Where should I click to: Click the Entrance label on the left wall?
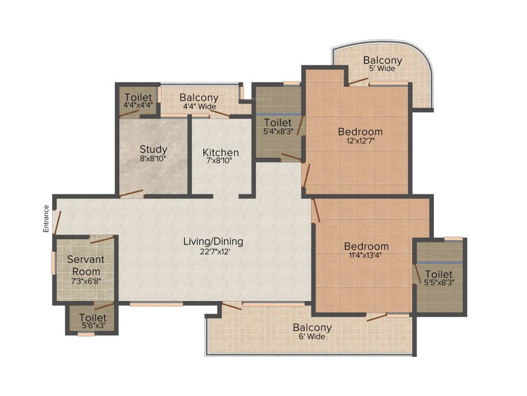click(x=46, y=219)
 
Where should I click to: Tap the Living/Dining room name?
click(x=213, y=241)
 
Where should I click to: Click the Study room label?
click(x=153, y=150)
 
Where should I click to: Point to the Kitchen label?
click(x=220, y=153)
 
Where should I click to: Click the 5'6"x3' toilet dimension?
click(x=93, y=326)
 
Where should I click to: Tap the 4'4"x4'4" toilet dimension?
click(x=138, y=105)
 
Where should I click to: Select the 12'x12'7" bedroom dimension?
click(x=360, y=141)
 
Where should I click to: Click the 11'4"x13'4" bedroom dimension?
click(x=366, y=255)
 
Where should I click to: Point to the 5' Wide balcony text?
click(x=382, y=68)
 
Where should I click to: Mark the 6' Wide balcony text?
click(x=312, y=336)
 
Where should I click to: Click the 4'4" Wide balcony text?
click(x=199, y=106)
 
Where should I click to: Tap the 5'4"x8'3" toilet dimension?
click(x=277, y=131)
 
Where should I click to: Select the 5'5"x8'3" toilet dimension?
click(x=439, y=283)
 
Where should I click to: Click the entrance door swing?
click(x=58, y=220)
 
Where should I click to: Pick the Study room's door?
click(x=131, y=194)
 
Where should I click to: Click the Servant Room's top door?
click(x=101, y=239)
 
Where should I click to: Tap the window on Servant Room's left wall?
click(x=53, y=262)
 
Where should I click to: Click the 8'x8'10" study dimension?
click(x=153, y=159)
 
